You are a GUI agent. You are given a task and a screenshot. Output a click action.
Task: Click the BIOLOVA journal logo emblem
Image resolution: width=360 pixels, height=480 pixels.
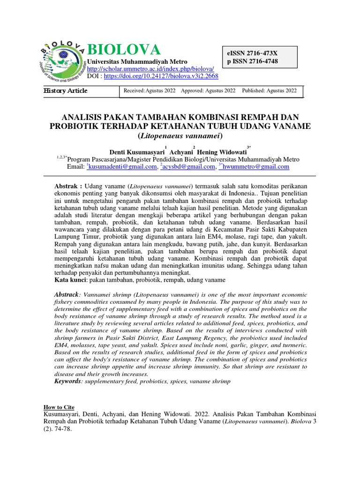pyautogui.click(x=64, y=61)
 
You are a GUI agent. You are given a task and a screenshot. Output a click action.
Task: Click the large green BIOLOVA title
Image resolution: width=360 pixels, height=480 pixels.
pyautogui.click(x=124, y=49)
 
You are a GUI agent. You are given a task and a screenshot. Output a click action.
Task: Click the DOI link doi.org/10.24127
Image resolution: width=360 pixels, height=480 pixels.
pyautogui.click(x=161, y=76)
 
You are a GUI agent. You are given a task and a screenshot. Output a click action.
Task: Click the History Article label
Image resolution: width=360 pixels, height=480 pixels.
pyautogui.click(x=65, y=91)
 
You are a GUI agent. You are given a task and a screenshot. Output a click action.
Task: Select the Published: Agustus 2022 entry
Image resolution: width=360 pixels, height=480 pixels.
pyautogui.click(x=269, y=91)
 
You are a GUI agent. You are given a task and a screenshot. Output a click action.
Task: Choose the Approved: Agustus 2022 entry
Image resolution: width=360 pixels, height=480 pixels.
pyautogui.click(x=208, y=91)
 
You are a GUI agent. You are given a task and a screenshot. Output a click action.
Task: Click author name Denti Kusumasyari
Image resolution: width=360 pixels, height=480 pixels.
pyautogui.click(x=136, y=152)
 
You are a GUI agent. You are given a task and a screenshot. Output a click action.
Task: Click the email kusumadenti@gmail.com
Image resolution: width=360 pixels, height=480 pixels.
pyautogui.click(x=122, y=166)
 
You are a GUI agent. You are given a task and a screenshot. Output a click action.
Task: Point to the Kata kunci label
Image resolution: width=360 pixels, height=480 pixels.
pyautogui.click(x=70, y=280)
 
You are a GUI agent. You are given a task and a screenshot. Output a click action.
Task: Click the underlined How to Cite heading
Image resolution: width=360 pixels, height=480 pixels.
pyautogui.click(x=59, y=407)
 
